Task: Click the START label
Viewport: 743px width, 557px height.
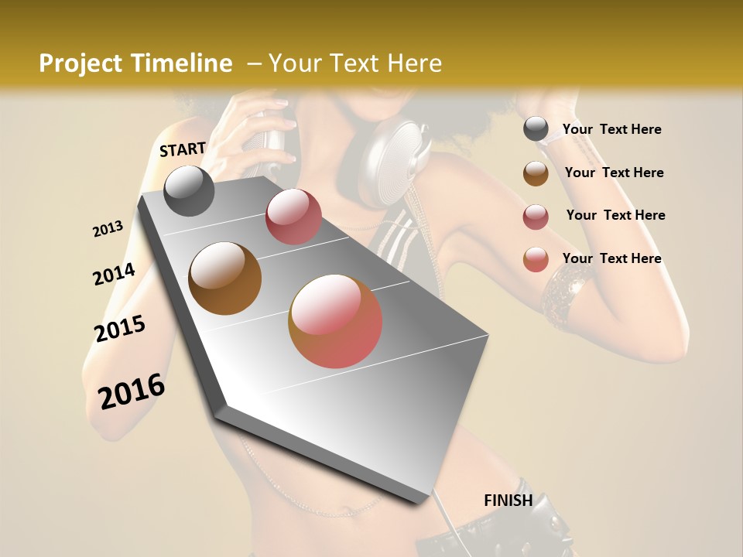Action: coord(183,149)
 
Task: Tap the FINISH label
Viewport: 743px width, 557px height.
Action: coord(508,501)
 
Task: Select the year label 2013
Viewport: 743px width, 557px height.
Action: coord(108,229)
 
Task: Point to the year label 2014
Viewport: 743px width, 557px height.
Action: coord(114,275)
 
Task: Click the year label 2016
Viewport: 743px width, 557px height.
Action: coord(132,391)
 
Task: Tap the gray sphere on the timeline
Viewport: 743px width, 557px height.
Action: coord(189,191)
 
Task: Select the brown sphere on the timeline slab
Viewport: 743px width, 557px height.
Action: coord(225,278)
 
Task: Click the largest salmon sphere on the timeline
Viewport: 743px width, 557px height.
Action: coord(335,321)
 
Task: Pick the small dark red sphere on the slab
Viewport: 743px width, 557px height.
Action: coord(293,217)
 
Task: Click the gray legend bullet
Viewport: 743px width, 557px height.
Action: coord(536,129)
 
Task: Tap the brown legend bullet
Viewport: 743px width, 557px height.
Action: coord(536,173)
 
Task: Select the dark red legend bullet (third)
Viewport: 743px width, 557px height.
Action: coord(536,217)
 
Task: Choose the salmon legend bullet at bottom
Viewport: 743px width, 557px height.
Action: coord(536,259)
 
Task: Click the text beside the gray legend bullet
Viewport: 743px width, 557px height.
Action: coord(611,130)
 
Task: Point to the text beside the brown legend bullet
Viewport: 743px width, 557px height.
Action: coord(614,173)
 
